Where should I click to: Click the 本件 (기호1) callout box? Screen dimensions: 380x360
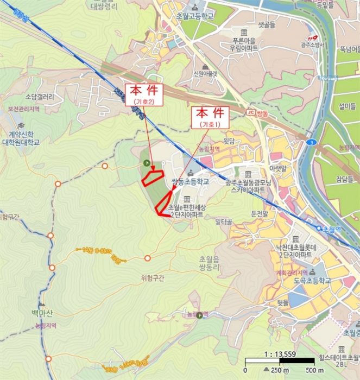click(x=210, y=117)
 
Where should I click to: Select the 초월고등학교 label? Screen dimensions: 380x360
click(x=193, y=17)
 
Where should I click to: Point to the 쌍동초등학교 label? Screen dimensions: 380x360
click(x=190, y=182)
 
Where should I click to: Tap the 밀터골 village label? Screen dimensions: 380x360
click(x=223, y=221)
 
